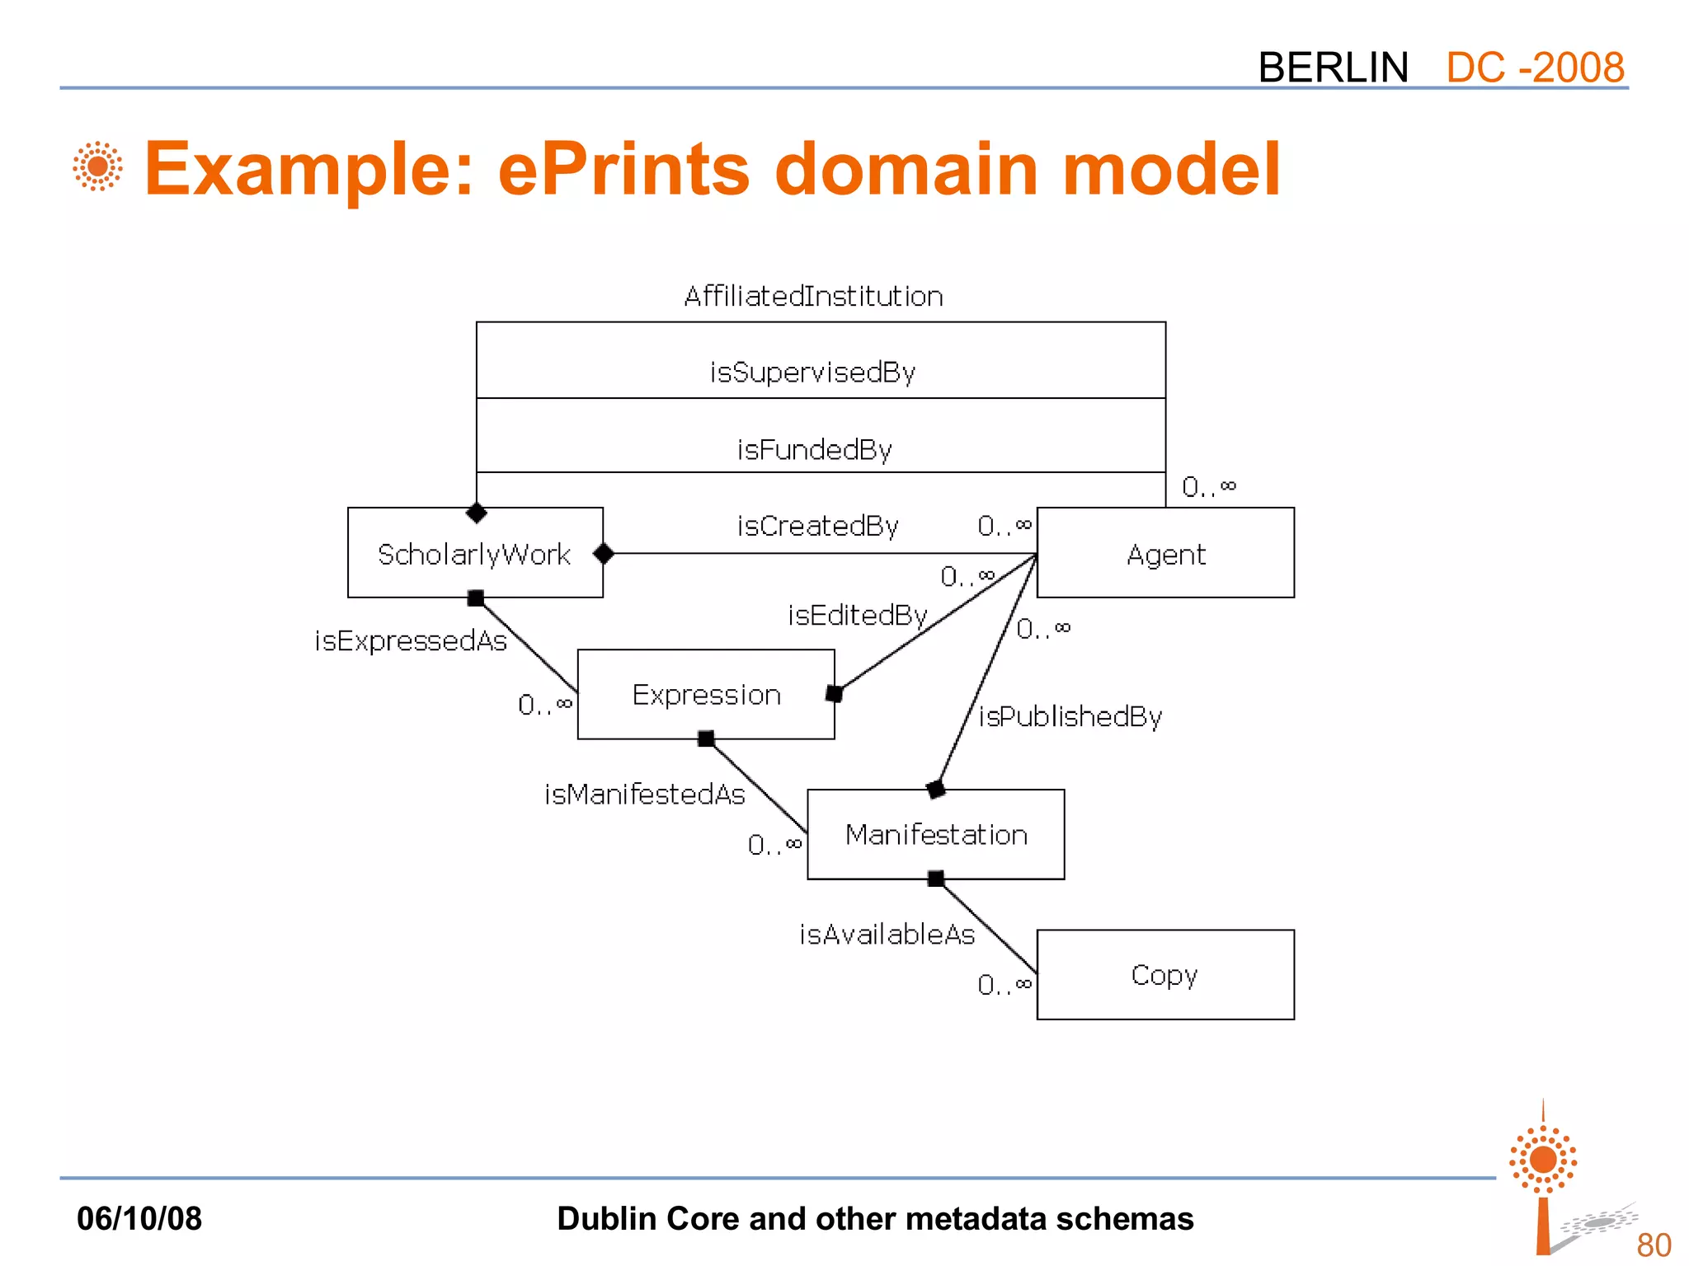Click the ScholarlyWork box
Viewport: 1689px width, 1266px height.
pos(475,553)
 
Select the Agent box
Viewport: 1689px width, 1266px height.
pos(1165,553)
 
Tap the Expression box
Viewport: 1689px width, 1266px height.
pos(706,694)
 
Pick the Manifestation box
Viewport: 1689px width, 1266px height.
pos(935,834)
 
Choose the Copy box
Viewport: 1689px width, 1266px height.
pos(1164,974)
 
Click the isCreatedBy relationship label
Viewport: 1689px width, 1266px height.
pos(817,526)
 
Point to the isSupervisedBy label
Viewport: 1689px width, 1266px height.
pos(812,373)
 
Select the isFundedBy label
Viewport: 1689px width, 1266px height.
pos(814,450)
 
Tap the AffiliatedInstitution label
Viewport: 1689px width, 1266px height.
pos(813,296)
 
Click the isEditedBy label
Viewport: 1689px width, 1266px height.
pos(858,615)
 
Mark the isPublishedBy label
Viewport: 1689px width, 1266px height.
pos(1070,716)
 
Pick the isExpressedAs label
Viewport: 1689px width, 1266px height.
pos(410,640)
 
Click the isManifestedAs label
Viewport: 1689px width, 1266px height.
pos(644,794)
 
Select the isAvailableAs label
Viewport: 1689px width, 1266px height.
pos(887,934)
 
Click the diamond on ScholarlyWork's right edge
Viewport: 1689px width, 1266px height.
pos(604,554)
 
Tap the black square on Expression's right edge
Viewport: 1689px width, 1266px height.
pos(834,694)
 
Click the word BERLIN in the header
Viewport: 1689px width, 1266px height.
pos(1333,67)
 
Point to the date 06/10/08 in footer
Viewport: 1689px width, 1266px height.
pos(139,1218)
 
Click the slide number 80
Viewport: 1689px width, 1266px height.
pos(1653,1245)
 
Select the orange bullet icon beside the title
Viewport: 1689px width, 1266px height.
pos(97,166)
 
